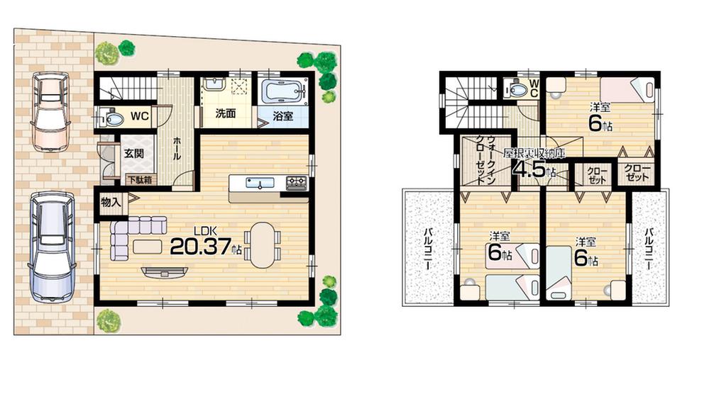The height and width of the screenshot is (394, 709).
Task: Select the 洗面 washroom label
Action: pyautogui.click(x=226, y=115)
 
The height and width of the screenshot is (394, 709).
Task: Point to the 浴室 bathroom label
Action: pyautogui.click(x=282, y=116)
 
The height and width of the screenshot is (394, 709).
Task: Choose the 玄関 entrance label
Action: pyautogui.click(x=135, y=153)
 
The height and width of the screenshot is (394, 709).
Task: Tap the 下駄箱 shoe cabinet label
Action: pyautogui.click(x=141, y=180)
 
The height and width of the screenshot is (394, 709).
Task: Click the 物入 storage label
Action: pyautogui.click(x=111, y=202)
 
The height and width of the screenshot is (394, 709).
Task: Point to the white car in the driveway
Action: pyautogui.click(x=50, y=241)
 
